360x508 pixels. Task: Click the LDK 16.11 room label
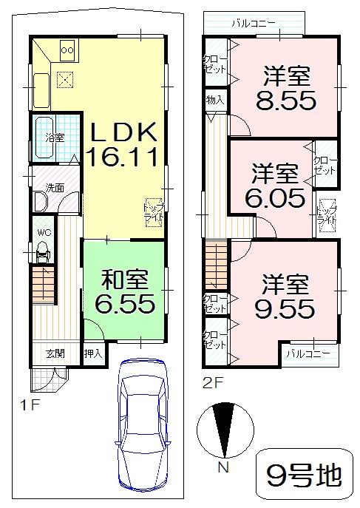pyautogui.click(x=123, y=144)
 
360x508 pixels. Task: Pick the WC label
pyautogui.click(x=43, y=231)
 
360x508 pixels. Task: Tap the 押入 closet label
pyautogui.click(x=92, y=353)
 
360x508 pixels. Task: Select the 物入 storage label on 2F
pyautogui.click(x=214, y=99)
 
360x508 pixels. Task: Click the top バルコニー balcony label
pyautogui.click(x=252, y=24)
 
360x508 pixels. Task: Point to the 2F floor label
pyautogui.click(x=212, y=384)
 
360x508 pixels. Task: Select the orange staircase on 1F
pyautogui.click(x=44, y=285)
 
